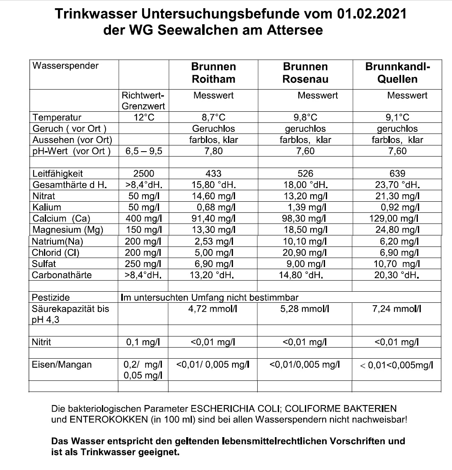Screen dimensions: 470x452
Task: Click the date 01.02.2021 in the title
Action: [371, 14]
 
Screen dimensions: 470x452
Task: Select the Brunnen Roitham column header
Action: [213, 73]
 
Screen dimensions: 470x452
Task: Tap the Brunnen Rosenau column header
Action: [305, 73]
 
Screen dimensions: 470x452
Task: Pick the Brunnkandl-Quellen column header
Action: [397, 73]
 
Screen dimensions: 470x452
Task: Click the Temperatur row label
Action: [57, 117]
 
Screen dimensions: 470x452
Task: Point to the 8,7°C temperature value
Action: [213, 117]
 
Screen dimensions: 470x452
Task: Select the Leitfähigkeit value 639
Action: [397, 173]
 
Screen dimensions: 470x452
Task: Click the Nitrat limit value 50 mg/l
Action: [144, 196]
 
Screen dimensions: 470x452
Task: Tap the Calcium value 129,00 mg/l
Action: [394, 219]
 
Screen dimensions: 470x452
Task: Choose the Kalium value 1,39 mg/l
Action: [305, 207]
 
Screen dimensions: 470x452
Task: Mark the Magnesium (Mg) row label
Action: [68, 230]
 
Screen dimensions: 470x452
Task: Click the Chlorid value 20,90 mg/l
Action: [305, 252]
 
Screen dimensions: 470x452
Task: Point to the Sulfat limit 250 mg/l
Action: [144, 264]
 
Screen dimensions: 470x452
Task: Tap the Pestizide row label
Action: [51, 297]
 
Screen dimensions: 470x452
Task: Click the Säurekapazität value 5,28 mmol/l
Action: [304, 309]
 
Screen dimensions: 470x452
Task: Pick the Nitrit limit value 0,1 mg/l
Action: [143, 342]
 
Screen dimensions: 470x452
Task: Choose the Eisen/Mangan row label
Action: [62, 364]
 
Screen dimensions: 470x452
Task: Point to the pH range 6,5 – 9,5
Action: [143, 151]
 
